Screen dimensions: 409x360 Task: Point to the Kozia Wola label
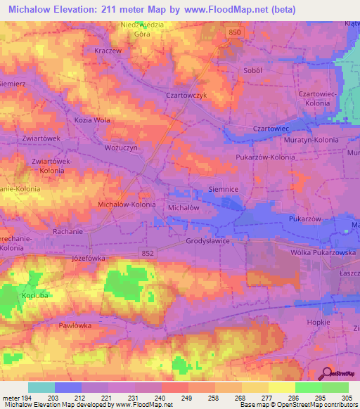(92, 120)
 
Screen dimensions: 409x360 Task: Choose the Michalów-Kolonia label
(127, 204)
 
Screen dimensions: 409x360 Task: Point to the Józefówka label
(89, 258)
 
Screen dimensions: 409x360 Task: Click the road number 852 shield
(147, 253)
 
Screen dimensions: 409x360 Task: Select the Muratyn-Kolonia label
(316, 141)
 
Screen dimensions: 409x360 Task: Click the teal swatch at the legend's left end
(41, 387)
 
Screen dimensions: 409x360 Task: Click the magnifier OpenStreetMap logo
(326, 374)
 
